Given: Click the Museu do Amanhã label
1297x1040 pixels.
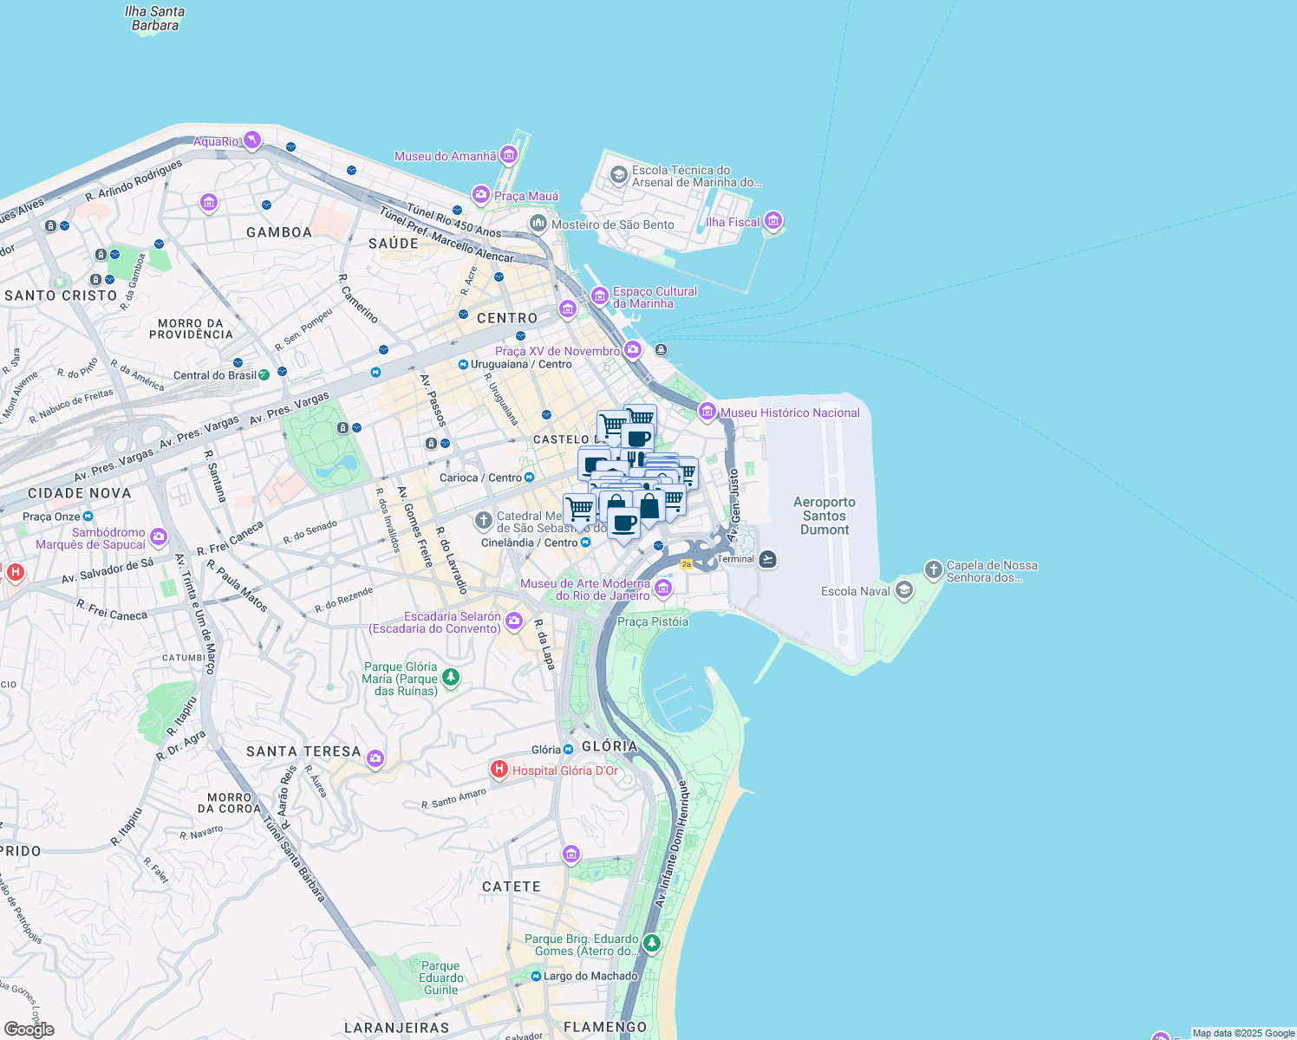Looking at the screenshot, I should pos(446,156).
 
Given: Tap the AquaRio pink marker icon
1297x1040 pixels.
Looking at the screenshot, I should pos(251,140).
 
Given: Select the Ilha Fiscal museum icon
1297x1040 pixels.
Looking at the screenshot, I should pos(773,221).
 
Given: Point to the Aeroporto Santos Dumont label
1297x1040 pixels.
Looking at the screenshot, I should pos(824,516).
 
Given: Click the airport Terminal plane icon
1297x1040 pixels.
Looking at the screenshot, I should pos(767,559).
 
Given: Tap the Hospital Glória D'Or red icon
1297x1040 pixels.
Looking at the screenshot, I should pos(499,769).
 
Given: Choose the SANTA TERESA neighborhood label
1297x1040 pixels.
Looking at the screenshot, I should pos(303,751).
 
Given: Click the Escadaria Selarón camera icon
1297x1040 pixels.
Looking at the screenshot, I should pos(514,621).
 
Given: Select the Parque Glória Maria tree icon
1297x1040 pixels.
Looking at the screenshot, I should pos(450,677).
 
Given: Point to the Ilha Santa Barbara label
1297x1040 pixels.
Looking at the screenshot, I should pos(154,18).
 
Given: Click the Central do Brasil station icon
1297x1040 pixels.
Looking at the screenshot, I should pos(264,374).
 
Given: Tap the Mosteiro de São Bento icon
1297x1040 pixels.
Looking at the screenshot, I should pos(538,224).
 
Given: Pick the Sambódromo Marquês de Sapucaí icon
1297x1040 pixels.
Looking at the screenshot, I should pos(159,537).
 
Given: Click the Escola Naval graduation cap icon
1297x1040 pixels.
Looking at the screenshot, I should pos(904,591).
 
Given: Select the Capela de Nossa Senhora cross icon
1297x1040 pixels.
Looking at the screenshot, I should pos(933,569).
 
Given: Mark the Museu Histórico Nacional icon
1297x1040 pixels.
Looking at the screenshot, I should pos(707,412).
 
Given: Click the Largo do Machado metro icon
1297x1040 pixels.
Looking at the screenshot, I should pos(537,977).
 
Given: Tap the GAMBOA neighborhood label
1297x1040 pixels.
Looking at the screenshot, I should pos(279,232).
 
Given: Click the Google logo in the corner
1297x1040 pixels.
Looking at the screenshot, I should pos(29,1029).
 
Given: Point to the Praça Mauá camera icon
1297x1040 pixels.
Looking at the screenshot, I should pos(481,195).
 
